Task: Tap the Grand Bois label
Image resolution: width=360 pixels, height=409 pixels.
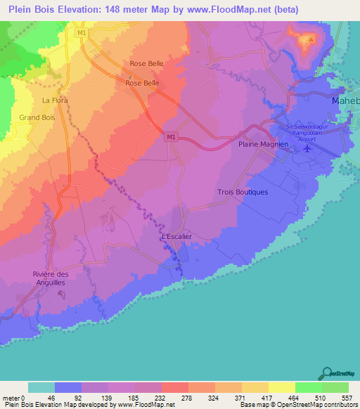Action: pos(37,117)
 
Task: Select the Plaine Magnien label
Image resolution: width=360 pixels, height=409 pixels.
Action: pos(259,144)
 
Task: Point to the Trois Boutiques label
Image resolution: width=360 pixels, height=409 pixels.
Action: pos(243,192)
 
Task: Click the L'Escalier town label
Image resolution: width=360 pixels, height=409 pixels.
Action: pos(176,236)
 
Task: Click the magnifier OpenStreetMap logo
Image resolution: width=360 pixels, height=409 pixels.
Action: pos(326,373)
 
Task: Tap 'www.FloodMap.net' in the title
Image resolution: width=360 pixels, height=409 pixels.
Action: pos(240,10)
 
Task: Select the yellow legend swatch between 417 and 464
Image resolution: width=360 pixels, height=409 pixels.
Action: pos(281,387)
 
